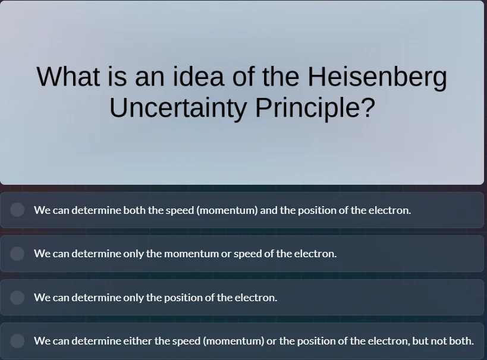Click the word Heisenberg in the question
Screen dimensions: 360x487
(x=377, y=77)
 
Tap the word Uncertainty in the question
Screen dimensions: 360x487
(x=178, y=108)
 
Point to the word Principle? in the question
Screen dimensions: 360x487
(x=315, y=108)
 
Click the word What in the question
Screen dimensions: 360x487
(x=68, y=77)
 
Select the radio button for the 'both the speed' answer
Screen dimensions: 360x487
(x=17, y=210)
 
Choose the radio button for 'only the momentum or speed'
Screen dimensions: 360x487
(x=17, y=254)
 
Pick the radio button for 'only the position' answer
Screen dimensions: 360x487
(x=17, y=297)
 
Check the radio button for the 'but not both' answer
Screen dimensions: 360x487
(x=17, y=340)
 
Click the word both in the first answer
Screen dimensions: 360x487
(x=134, y=210)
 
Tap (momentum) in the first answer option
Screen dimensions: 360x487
(x=227, y=210)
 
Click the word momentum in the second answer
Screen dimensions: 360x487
(x=191, y=254)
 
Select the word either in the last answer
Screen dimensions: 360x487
(x=137, y=341)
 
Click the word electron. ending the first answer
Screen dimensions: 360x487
(x=389, y=210)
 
